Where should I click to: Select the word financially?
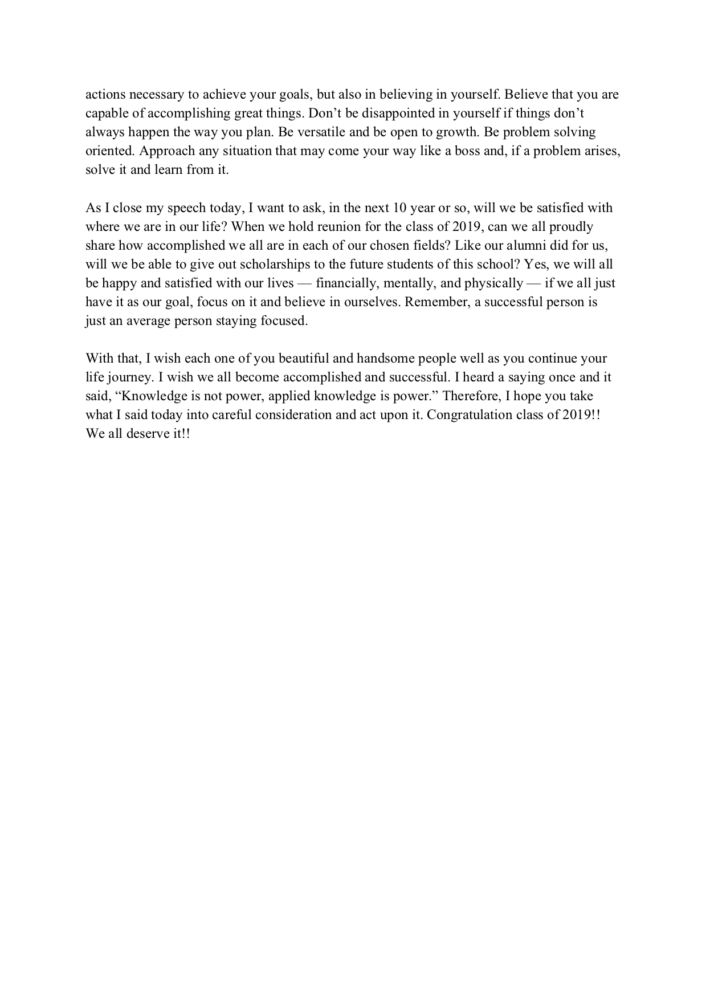(348, 283)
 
